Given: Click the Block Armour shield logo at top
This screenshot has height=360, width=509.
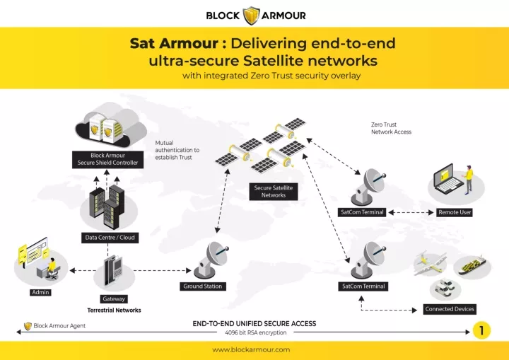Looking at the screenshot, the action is (252, 16).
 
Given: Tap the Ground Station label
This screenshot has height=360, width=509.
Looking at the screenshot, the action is (203, 286).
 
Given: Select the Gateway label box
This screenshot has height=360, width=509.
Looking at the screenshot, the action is (114, 299).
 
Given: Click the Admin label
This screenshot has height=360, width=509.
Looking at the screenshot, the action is (40, 292).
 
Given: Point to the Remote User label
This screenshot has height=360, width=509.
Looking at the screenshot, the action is (455, 212).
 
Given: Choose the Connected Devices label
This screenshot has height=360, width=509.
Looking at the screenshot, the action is (450, 309).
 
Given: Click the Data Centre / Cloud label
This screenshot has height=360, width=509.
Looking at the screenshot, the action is (110, 238).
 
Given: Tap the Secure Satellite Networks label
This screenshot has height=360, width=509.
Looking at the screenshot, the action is (274, 192).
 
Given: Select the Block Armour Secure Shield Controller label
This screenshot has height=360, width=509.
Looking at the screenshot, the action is (107, 159).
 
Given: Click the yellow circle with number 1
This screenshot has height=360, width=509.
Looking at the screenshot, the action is (481, 330).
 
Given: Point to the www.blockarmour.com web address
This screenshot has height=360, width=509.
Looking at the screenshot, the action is (251, 350).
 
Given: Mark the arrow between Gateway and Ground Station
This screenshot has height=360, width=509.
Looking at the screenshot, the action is (162, 270).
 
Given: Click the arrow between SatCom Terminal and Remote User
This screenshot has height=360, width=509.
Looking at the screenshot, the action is (411, 212).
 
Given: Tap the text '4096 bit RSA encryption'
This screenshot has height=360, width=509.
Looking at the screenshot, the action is (256, 332).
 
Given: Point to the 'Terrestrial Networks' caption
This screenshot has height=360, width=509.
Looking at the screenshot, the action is (114, 310).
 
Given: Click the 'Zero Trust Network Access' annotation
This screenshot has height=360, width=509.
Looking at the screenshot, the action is (391, 128).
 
